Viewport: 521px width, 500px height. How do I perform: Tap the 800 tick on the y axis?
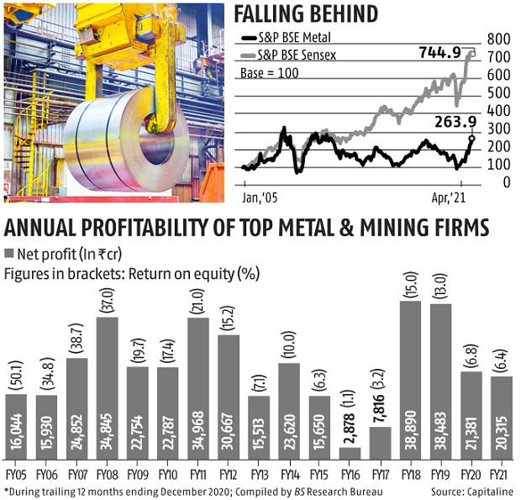pos(499,39)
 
